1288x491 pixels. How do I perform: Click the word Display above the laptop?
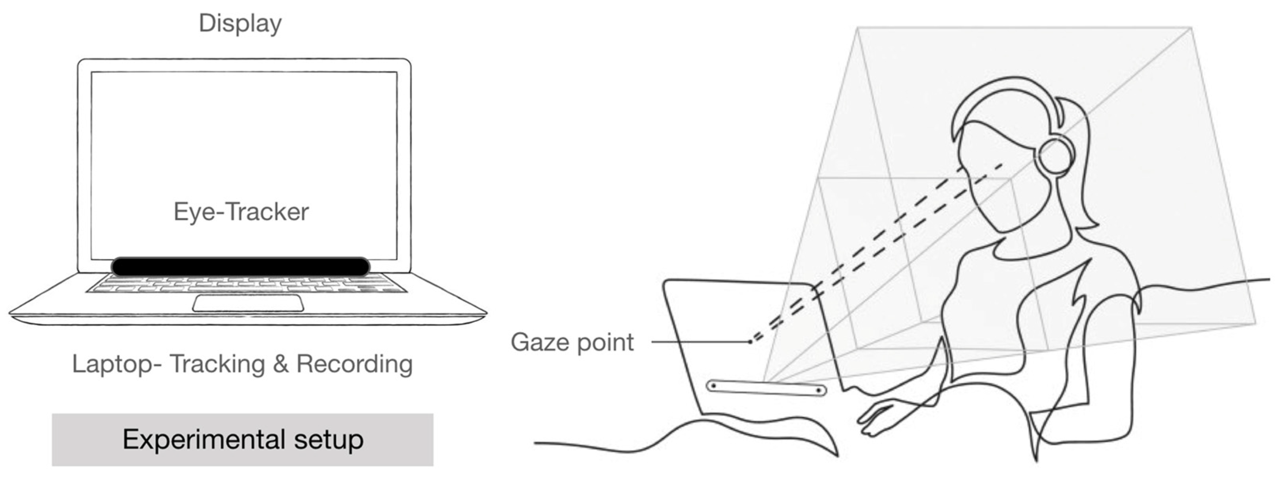240,23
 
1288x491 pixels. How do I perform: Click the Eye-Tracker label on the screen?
241,212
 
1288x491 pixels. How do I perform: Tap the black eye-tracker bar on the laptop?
240,266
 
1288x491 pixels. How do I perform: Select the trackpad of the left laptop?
248,303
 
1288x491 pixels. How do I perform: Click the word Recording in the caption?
354,364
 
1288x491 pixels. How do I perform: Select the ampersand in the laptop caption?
281,364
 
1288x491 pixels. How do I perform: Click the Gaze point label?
572,342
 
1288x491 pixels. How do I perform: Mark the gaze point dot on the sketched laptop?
750,342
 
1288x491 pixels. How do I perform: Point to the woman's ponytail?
1080,165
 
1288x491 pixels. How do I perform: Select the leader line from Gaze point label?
700,342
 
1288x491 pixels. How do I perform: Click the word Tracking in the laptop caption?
217,364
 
